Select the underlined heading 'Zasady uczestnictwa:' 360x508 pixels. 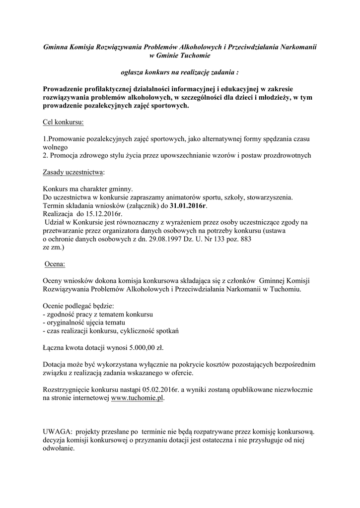[x=74, y=172]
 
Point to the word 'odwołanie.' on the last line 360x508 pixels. [x=59, y=448]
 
